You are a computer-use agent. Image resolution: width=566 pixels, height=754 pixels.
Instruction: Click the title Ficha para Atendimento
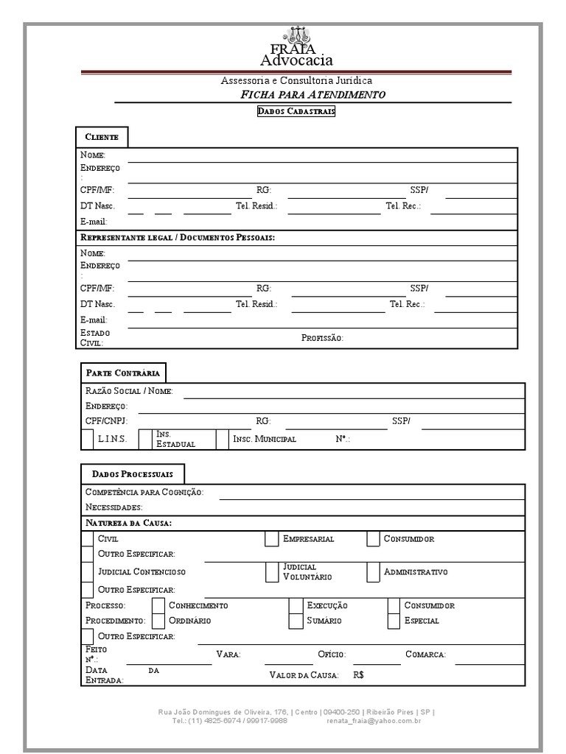pos(312,95)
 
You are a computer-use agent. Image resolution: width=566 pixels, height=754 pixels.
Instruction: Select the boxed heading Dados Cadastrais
pos(296,111)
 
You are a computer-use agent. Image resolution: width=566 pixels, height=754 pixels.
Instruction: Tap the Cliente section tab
pos(102,138)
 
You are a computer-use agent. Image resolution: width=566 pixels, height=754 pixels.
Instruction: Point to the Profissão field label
pos(322,338)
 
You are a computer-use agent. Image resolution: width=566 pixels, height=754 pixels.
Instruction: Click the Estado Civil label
pos(95,338)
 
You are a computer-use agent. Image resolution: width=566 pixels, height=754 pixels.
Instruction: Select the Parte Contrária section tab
pos(122,373)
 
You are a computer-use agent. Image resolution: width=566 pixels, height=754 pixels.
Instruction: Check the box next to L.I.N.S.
pos(87,440)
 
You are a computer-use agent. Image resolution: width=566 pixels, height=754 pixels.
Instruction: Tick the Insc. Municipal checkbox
pos(222,440)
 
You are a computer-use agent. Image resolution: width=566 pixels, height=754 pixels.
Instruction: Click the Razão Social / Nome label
pos(129,391)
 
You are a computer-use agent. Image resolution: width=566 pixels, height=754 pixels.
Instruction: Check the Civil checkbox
pos(87,539)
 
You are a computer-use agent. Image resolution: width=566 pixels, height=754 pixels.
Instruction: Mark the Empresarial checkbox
pos(271,539)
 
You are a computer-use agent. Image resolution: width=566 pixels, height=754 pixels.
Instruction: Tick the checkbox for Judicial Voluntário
pos(271,572)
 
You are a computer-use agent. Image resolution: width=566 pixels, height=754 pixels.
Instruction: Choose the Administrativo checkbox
pos(373,572)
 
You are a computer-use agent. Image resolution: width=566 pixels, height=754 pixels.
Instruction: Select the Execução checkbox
pos(296,605)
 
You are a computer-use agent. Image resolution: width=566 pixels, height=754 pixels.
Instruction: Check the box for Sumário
pos(296,621)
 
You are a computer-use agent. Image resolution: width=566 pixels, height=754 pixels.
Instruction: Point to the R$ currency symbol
pos(359,675)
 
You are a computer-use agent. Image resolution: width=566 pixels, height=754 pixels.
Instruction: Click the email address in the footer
pos(374,721)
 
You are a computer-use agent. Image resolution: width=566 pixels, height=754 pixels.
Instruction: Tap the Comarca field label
pos(425,654)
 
